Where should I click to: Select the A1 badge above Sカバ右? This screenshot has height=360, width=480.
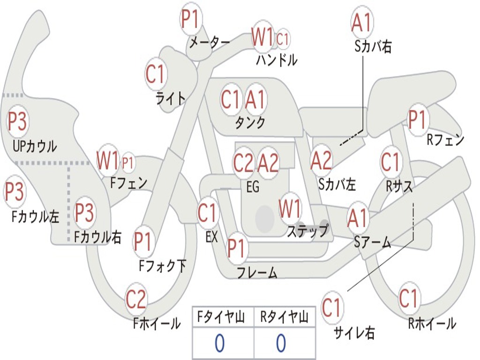[362, 22]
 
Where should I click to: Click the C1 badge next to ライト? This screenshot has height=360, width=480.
[157, 74]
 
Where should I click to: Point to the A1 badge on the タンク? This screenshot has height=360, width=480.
[256, 99]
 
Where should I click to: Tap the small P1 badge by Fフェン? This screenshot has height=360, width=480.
[127, 163]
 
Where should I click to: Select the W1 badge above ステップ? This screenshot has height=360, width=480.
[290, 209]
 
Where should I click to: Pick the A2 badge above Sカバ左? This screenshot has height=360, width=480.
[322, 161]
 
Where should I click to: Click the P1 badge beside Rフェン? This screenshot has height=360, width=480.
[417, 120]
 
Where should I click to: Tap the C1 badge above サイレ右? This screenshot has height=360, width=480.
[332, 308]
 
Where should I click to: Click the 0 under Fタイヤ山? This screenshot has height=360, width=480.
[219, 344]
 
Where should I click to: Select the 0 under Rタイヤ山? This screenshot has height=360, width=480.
[281, 344]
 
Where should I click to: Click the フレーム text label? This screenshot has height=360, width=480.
[257, 272]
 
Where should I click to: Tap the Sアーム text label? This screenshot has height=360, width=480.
[373, 242]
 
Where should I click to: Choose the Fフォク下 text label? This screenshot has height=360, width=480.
[162, 266]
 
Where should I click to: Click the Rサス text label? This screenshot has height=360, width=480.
[399, 187]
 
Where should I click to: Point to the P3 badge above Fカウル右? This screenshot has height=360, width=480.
[85, 213]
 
